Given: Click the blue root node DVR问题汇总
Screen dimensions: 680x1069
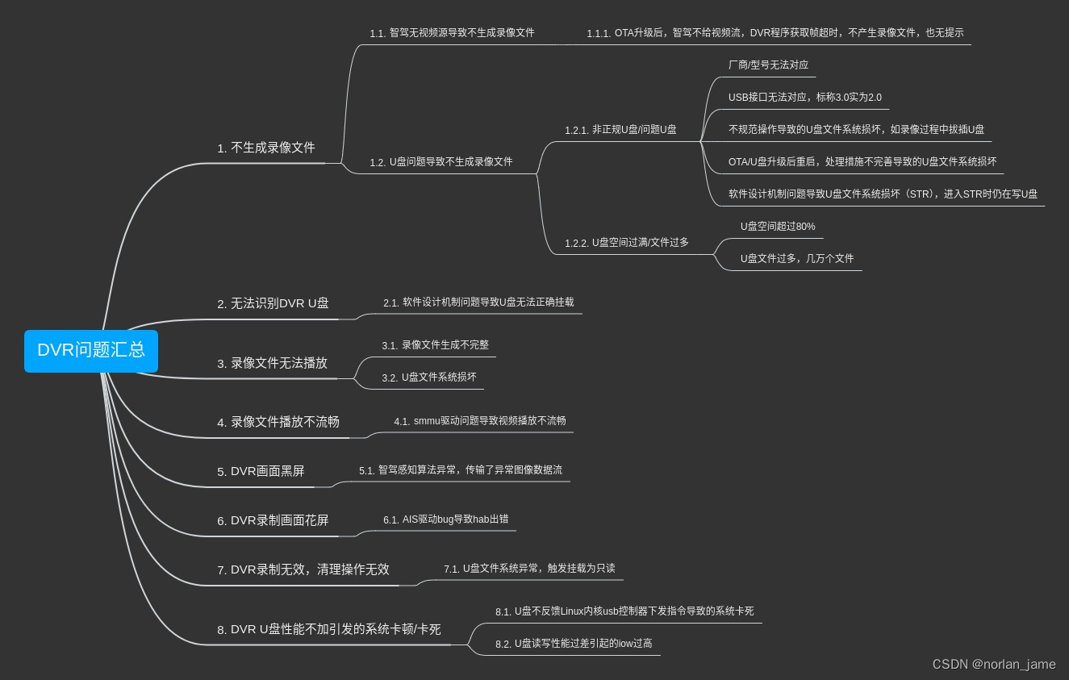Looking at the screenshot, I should point(91,350).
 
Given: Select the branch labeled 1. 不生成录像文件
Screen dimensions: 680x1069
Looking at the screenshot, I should point(266,148).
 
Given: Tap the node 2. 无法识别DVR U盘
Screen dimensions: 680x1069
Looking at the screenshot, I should point(273,303).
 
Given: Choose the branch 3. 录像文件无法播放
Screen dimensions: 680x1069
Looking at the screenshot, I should point(272,363).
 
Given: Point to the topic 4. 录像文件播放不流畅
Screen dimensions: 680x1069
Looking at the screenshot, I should point(278,422).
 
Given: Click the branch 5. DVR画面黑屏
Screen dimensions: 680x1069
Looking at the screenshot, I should point(261,471).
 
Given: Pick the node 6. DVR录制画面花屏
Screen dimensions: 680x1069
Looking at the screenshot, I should point(273,520).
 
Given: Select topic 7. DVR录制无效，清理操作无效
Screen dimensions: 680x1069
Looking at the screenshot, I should point(303,569).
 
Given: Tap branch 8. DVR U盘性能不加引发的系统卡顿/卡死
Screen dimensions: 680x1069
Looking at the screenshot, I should point(329,629).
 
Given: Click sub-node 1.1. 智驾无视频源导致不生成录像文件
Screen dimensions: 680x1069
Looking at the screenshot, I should point(452,33).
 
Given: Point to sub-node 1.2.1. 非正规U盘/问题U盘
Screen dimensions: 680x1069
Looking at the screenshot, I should point(620,130).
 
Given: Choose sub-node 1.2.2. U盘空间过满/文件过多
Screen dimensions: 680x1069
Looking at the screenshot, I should point(627,243).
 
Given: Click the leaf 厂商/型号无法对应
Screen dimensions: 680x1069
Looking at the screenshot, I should point(768,65).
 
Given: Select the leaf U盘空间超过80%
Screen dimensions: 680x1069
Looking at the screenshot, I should point(778,227).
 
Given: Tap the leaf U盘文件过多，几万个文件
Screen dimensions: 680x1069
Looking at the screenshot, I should point(797,259).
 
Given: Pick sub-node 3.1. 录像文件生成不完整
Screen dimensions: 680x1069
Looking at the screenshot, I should point(436,345).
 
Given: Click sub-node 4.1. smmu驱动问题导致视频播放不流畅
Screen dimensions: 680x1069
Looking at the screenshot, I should point(480,421).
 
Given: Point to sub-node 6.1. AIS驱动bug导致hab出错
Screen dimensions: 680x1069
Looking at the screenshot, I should point(445,519).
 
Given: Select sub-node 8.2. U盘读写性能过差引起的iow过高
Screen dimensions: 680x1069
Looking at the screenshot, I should point(574,644).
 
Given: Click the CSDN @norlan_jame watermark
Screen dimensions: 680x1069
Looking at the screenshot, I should point(994,664).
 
